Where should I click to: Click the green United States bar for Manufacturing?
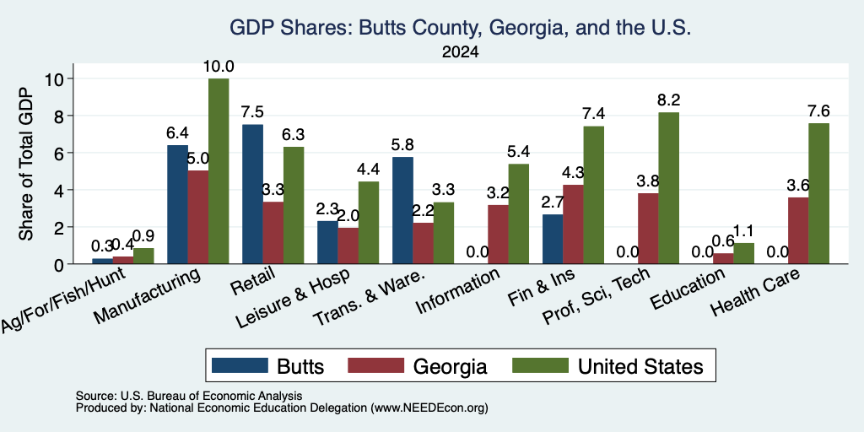[219, 171]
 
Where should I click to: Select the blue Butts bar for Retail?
[252, 195]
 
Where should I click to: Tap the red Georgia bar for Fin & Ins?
[573, 224]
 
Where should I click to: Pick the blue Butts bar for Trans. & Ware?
[402, 210]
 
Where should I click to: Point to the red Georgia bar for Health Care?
[798, 230]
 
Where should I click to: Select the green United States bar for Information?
[519, 213]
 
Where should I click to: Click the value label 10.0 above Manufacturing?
[219, 67]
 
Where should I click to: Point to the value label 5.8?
[402, 145]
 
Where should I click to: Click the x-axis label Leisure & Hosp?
[294, 298]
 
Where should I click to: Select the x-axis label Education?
[688, 289]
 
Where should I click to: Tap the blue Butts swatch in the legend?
[240, 365]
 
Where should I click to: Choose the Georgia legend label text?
[451, 366]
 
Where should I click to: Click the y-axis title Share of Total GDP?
[26, 164]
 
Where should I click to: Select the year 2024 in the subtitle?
[460, 52]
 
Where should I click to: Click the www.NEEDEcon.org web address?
[429, 408]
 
